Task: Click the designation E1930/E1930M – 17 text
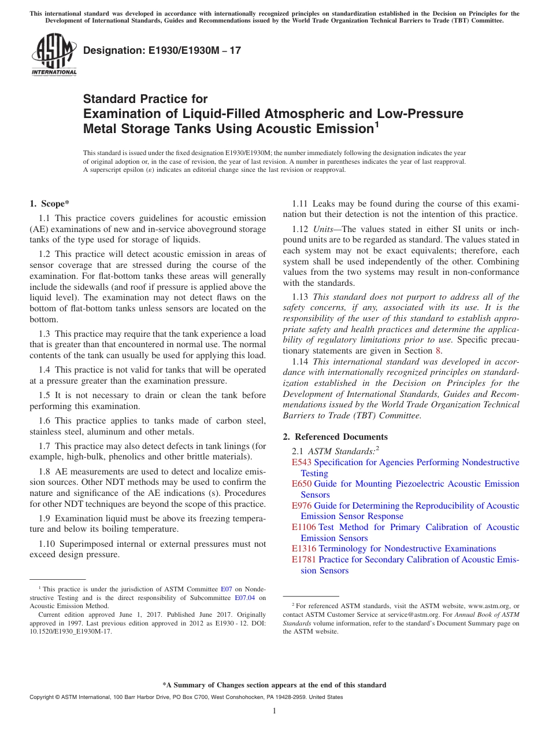click(162, 51)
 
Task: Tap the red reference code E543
click(302, 462)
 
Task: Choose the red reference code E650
click(302, 484)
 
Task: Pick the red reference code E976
click(302, 506)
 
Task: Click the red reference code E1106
click(304, 527)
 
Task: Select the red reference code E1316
click(304, 549)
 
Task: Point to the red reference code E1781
click(304, 560)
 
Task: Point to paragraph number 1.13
click(300, 297)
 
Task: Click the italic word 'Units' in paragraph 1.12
click(322, 229)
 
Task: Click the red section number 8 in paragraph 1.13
click(437, 351)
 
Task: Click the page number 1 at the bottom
click(274, 711)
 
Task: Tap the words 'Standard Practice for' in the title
click(145, 99)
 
